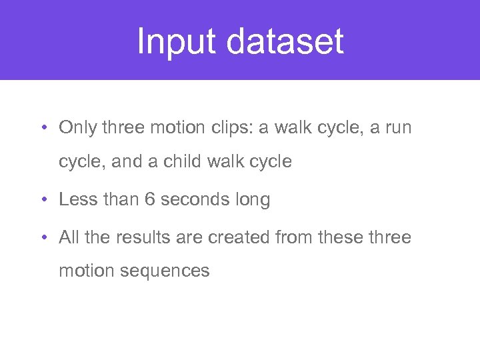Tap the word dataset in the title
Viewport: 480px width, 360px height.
tap(285, 41)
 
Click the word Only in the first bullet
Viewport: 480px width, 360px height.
tap(78, 127)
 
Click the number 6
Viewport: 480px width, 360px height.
tap(149, 200)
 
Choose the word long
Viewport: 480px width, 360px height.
tap(254, 200)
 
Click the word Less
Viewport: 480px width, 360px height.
tap(77, 200)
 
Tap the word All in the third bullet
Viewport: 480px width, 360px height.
tap(69, 237)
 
